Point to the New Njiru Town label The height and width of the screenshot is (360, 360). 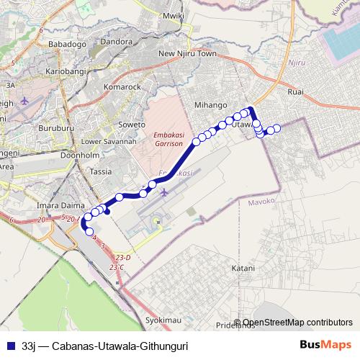tap(187, 54)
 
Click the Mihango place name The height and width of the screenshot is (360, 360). tap(211, 105)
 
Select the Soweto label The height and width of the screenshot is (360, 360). tap(132, 125)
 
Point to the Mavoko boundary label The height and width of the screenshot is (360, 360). tap(262, 203)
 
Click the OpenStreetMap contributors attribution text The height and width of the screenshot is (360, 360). tap(297, 323)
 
